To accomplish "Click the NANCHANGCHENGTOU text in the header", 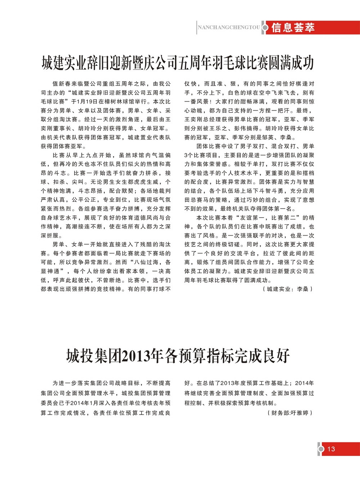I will tap(229, 27).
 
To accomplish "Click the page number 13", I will tap(331, 449).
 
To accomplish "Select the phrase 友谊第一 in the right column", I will tap(252, 218).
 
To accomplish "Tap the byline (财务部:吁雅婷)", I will tap(289, 413).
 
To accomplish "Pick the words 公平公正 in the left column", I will tap(84, 200).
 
